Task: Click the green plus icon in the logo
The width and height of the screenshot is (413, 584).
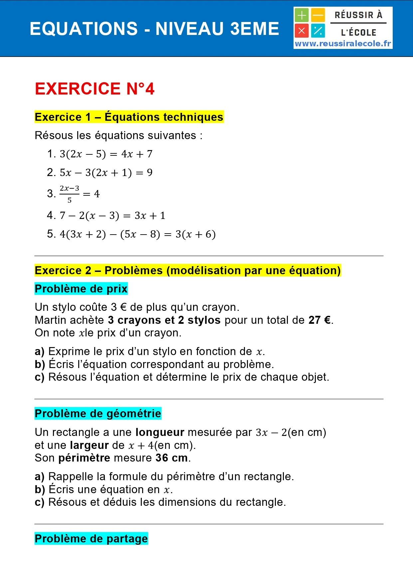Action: click(x=302, y=15)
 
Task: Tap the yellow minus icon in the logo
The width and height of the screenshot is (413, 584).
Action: click(x=318, y=15)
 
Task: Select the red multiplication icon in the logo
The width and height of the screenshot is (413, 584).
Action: click(x=302, y=31)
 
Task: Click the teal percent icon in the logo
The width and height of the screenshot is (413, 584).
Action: click(x=318, y=31)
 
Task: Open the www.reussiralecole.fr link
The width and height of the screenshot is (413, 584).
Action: click(x=343, y=44)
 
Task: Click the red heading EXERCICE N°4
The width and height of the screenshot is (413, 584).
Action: click(x=95, y=89)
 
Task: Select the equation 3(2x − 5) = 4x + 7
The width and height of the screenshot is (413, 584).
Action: click(x=106, y=154)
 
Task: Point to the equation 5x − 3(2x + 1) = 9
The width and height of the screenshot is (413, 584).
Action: click(x=106, y=173)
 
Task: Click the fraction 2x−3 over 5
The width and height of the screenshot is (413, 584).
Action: click(x=70, y=194)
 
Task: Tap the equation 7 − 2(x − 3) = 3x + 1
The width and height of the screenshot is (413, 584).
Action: click(x=112, y=216)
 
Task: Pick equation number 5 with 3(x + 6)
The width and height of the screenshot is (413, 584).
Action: click(x=137, y=234)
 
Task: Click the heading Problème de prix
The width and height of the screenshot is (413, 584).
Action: click(x=81, y=289)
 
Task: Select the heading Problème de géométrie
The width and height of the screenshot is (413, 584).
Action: click(x=98, y=414)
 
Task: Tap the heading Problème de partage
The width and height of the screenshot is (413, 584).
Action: click(x=91, y=538)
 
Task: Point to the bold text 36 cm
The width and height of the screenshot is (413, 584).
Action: click(x=171, y=458)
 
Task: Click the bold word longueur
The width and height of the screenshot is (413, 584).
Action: click(x=160, y=432)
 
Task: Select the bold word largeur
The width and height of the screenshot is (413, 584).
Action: click(x=90, y=445)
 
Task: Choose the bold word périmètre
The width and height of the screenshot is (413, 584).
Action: click(x=84, y=458)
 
